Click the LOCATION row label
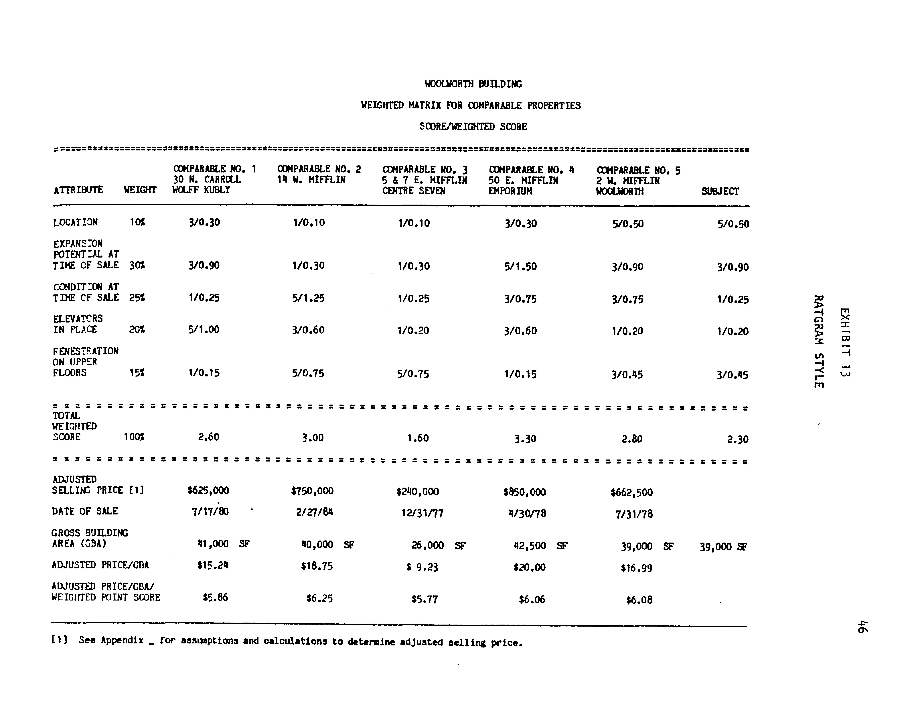coord(75,222)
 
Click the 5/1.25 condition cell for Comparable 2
coord(308,298)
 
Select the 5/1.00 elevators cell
coord(204,330)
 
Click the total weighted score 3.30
coord(525,439)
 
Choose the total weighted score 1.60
coord(418,438)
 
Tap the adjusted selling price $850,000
coord(524,492)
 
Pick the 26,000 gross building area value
coord(427,545)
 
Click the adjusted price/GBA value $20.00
coord(529,567)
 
